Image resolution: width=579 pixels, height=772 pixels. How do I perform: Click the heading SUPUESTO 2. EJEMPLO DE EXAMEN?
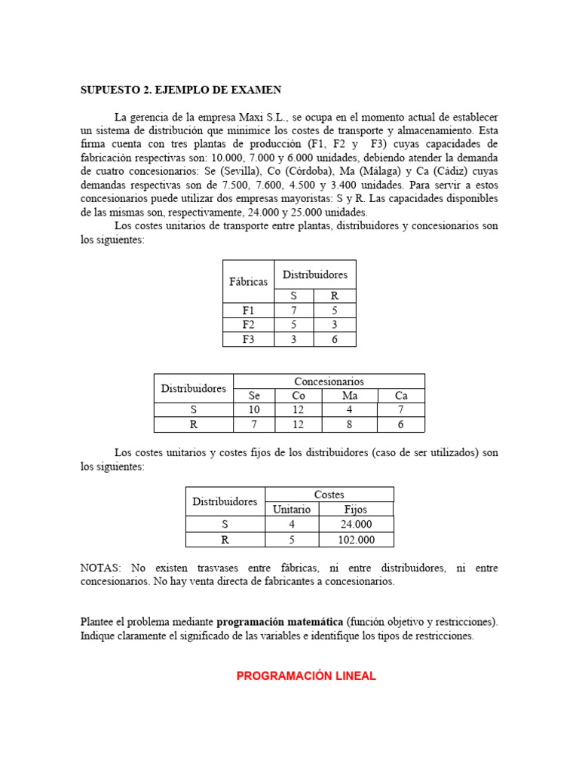[181, 90]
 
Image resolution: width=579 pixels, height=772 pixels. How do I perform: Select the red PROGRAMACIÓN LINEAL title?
[306, 676]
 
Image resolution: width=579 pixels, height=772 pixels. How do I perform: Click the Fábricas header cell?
[249, 281]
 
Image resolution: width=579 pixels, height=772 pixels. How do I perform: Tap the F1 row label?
[249, 310]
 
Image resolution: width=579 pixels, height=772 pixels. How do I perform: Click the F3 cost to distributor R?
[335, 339]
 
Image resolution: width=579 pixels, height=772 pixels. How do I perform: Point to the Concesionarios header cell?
[329, 381]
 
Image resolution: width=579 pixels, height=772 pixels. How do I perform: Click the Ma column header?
[350, 396]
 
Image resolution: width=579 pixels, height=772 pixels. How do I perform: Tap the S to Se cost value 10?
[253, 410]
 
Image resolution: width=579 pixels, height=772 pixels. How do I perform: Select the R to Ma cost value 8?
[350, 424]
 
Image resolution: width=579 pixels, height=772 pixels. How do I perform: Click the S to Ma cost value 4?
[350, 410]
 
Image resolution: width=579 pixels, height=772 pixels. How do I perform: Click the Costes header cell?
[329, 495]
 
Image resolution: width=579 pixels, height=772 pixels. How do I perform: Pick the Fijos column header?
[355, 510]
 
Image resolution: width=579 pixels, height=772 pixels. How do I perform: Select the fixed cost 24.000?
[355, 525]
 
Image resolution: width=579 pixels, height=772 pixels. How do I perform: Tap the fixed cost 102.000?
[355, 540]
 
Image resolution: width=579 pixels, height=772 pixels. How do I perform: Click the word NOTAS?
[102, 567]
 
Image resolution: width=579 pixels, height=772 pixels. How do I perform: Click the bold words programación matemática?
[280, 622]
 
